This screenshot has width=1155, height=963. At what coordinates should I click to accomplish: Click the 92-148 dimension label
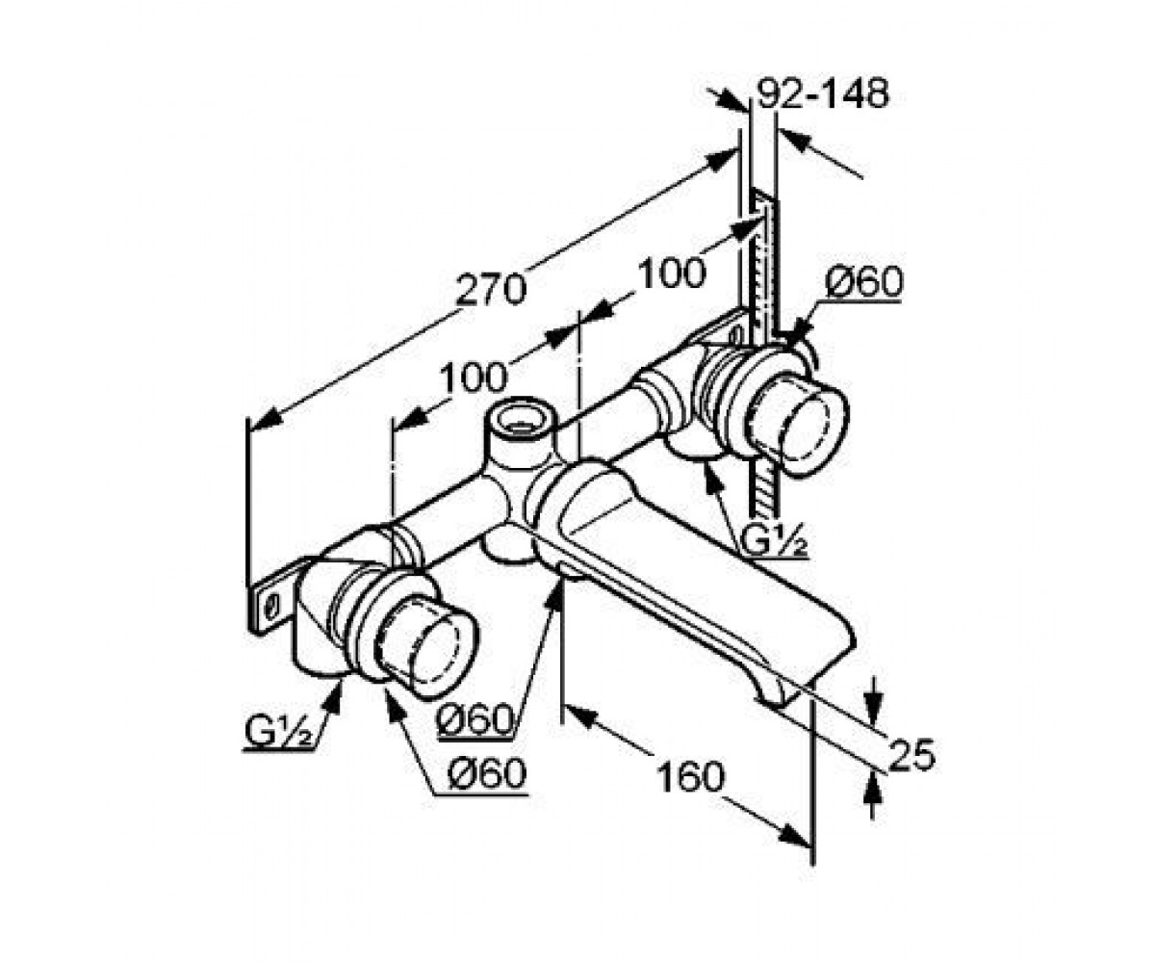pyautogui.click(x=823, y=95)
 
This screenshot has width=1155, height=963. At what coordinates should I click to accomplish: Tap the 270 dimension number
pyautogui.click(x=491, y=290)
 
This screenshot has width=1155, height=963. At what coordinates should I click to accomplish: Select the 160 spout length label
pyautogui.click(x=690, y=776)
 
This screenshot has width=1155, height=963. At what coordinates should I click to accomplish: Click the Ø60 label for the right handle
pyautogui.click(x=863, y=282)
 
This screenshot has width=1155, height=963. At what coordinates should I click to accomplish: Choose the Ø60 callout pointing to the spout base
pyautogui.click(x=475, y=720)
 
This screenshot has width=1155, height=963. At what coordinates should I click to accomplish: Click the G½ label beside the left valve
pyautogui.click(x=279, y=732)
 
